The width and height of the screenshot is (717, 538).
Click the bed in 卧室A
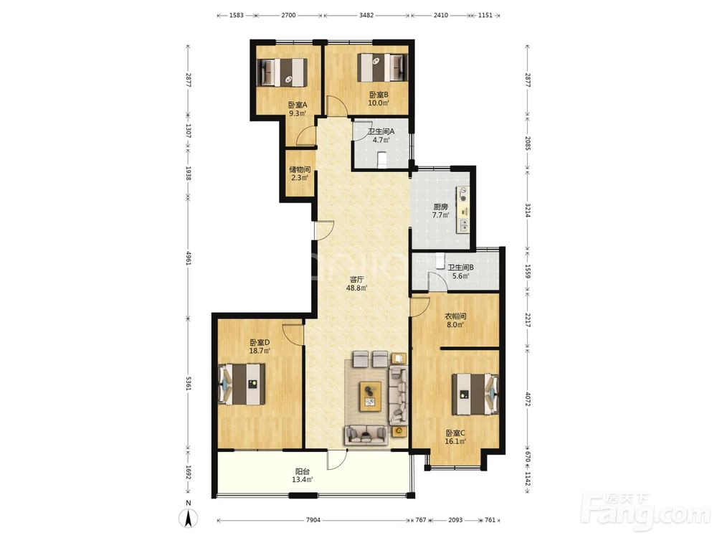tap(282, 72)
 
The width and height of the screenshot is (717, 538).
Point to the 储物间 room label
tap(300, 170)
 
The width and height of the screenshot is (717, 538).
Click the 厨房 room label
tap(441, 207)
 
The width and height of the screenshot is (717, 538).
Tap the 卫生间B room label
tap(460, 268)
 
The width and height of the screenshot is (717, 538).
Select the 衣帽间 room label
tap(455, 316)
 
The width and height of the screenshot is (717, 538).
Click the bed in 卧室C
tap(475, 395)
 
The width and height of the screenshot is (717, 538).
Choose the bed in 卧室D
tap(242, 383)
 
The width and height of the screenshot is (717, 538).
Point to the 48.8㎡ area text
tap(356, 288)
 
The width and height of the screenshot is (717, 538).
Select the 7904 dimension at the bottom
tap(313, 519)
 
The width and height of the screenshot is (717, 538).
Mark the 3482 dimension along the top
tap(366, 15)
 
